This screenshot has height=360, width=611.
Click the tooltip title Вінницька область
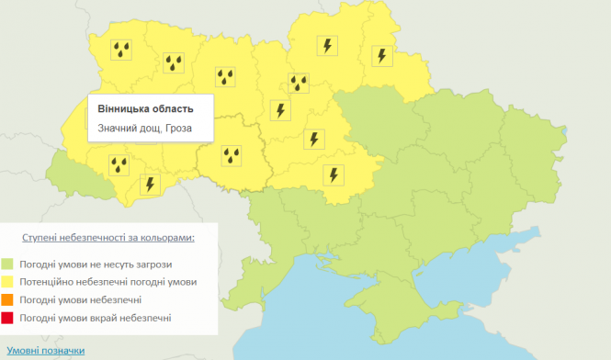[145, 108]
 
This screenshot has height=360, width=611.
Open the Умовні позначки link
[45, 350]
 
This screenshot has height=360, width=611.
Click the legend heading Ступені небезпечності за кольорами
[121, 237]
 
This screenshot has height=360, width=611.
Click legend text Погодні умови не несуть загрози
[96, 264]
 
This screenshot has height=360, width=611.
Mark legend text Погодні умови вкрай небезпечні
[96, 318]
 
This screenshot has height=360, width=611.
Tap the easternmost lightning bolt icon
[380, 55]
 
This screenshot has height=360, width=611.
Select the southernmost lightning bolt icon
[150, 184]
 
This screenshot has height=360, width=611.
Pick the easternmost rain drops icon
[300, 84]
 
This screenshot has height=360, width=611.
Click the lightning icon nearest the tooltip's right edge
[281, 110]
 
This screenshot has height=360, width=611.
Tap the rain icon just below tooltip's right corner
[231, 155]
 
